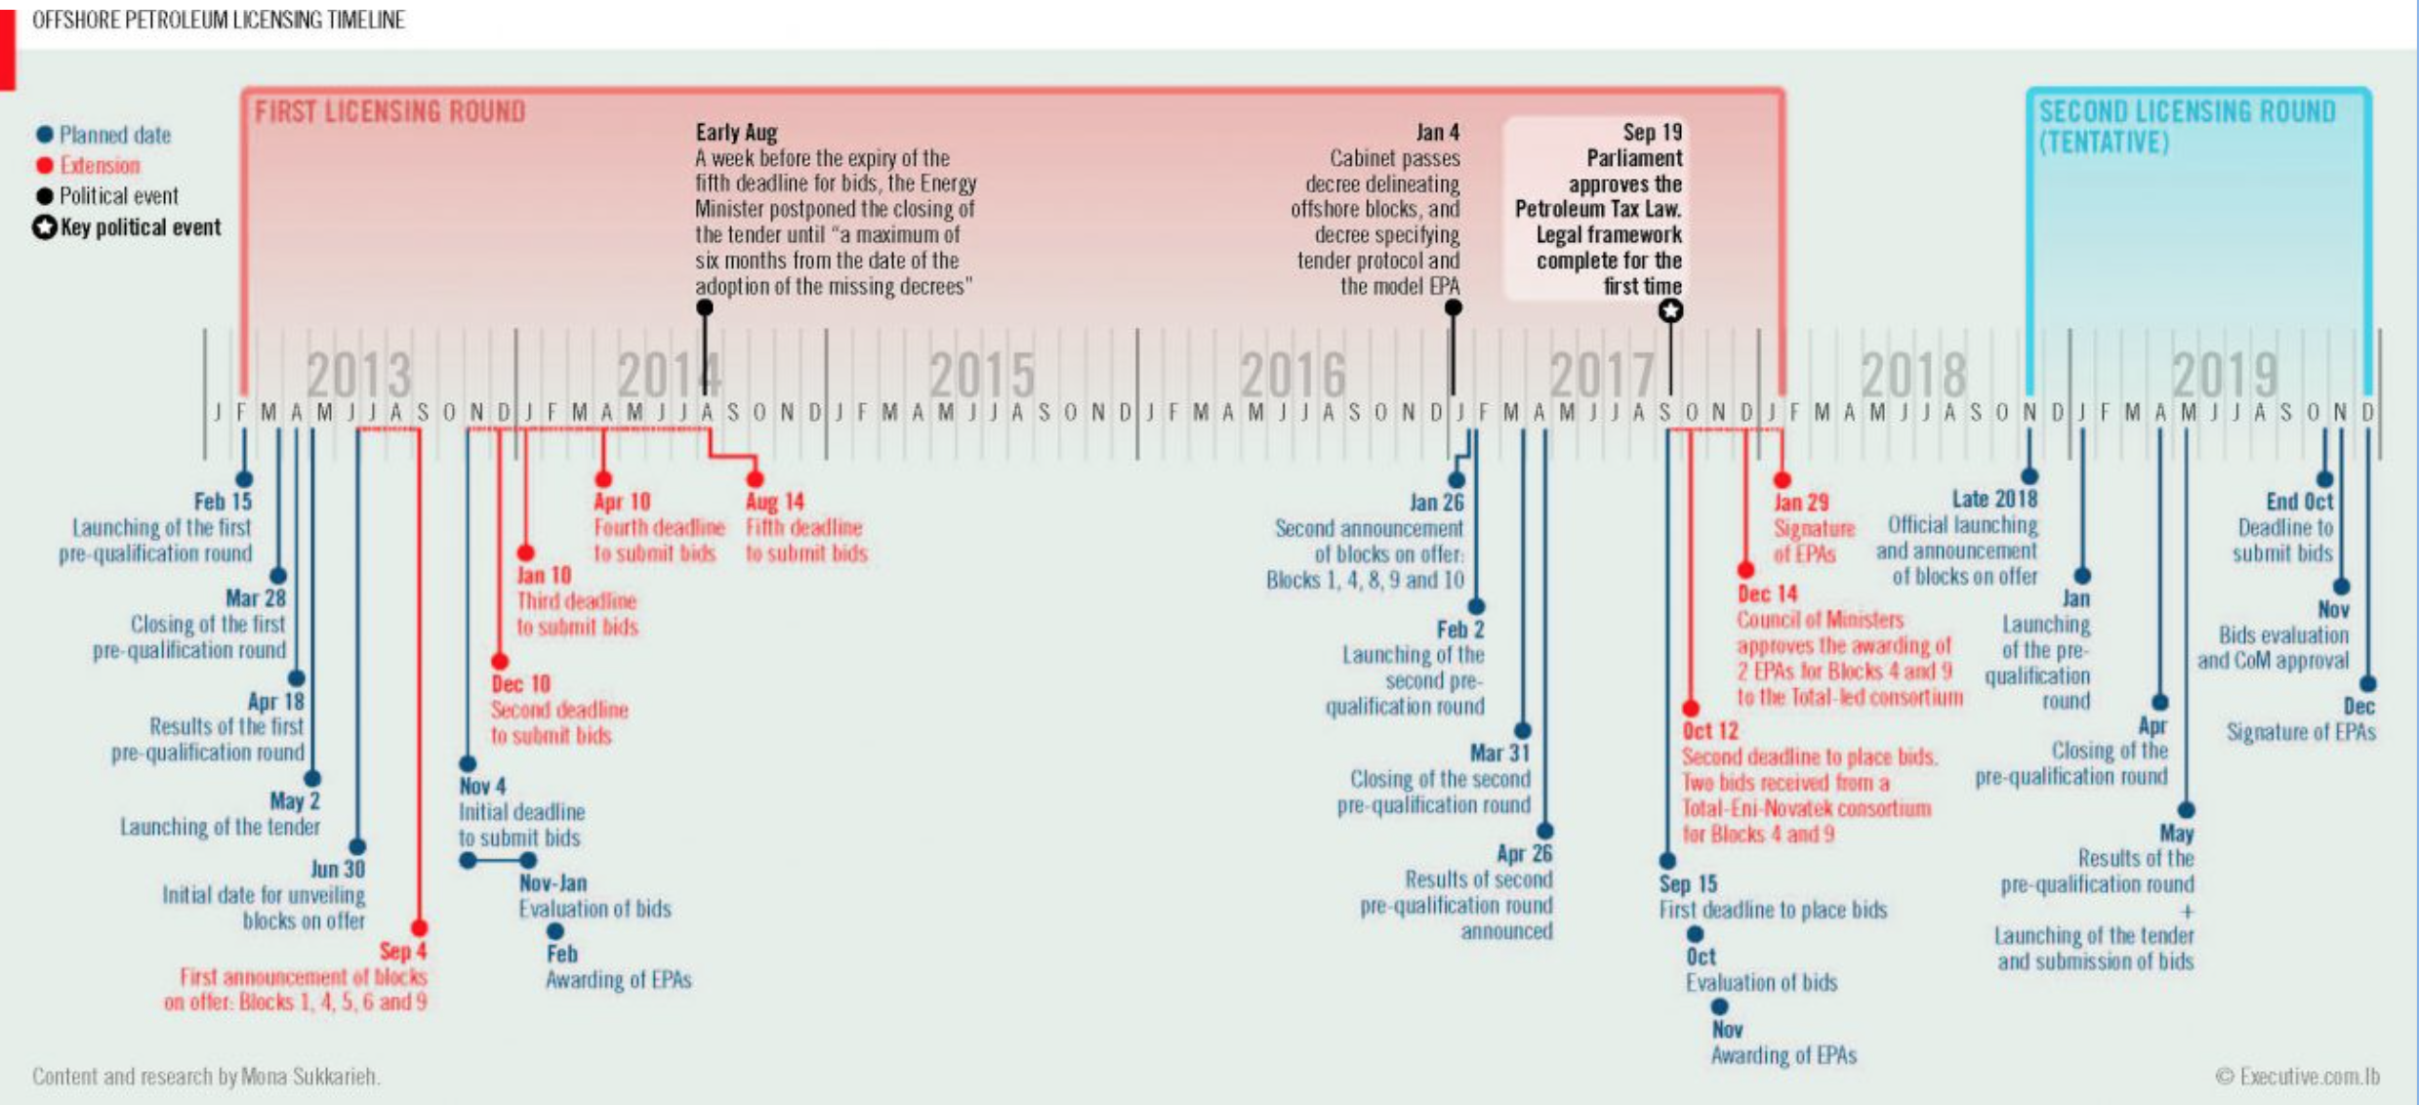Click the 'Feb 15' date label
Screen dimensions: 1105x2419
tap(223, 502)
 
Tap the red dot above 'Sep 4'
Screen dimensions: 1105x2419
tap(419, 927)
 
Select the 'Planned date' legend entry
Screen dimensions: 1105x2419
tap(114, 135)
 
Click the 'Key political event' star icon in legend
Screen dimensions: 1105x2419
tap(45, 227)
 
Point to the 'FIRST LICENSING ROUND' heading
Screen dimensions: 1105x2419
tap(389, 112)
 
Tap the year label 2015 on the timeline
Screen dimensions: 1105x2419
tap(980, 375)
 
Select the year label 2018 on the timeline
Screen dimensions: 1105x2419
tap(1912, 375)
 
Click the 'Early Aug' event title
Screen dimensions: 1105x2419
tap(736, 133)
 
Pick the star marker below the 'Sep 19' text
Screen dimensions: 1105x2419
tap(1670, 311)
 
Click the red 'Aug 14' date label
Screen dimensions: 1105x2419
tap(775, 502)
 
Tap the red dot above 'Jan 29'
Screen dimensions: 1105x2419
tap(1782, 480)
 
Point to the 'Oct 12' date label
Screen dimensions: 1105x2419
tap(1709, 731)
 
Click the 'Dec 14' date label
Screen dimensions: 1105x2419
tap(1767, 593)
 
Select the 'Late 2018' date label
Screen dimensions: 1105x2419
tap(1994, 499)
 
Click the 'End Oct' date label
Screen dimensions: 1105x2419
tap(2299, 502)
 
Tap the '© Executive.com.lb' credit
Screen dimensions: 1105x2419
tap(2297, 1077)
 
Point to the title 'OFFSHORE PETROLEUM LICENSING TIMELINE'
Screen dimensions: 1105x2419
tap(219, 20)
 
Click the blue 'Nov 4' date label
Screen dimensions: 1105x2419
tap(482, 786)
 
